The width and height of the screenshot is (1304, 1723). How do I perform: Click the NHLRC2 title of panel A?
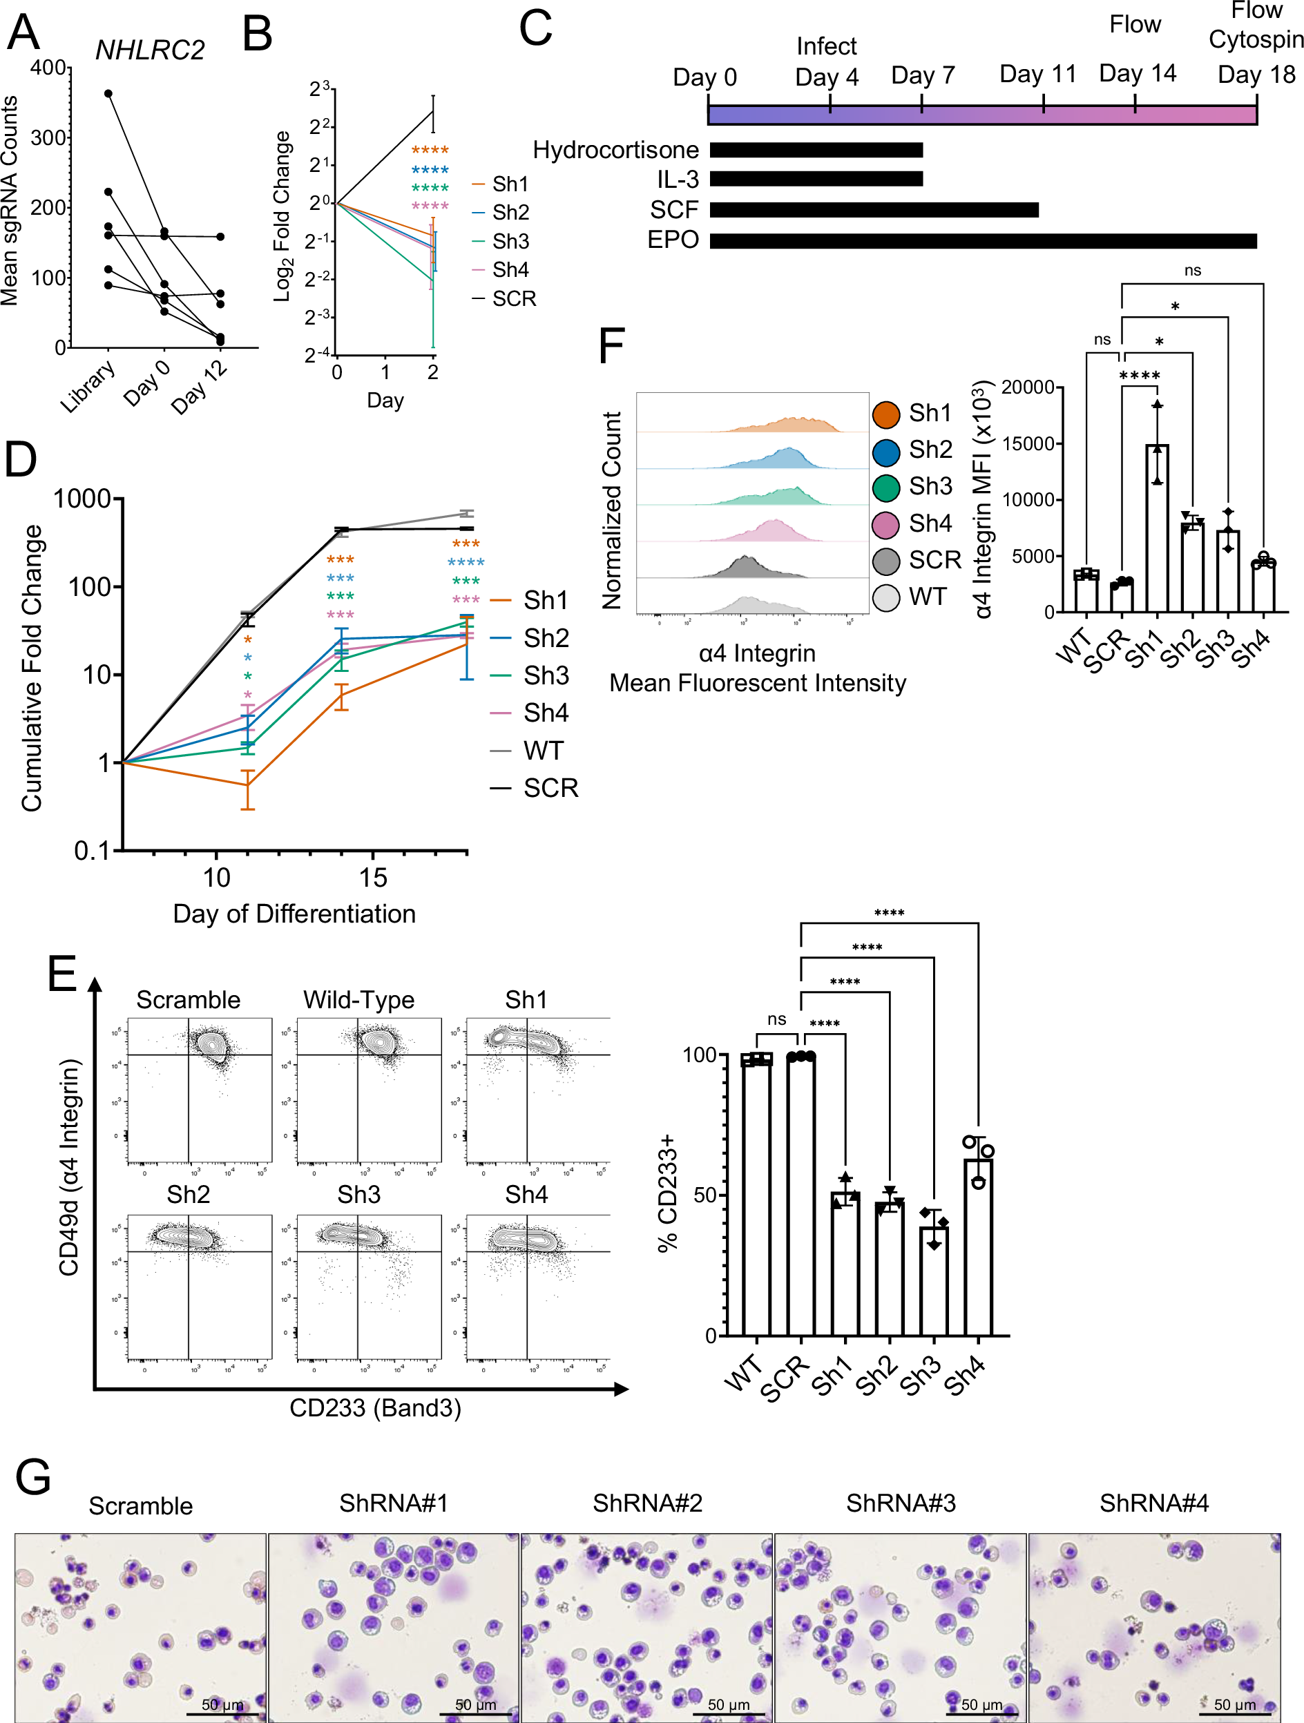click(x=150, y=50)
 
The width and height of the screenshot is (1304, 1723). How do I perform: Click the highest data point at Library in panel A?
click(x=108, y=93)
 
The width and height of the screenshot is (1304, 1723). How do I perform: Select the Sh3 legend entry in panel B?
click(x=510, y=241)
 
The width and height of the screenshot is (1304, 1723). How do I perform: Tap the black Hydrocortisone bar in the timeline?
click(x=816, y=150)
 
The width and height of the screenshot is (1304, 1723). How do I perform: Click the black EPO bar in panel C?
click(x=982, y=241)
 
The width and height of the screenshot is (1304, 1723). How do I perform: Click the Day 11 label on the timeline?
click(x=1037, y=74)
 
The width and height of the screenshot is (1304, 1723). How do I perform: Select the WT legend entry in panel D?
click(x=542, y=750)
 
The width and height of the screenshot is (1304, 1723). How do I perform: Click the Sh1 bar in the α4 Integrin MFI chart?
click(x=1157, y=530)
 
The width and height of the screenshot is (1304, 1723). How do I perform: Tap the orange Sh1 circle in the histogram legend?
click(x=885, y=414)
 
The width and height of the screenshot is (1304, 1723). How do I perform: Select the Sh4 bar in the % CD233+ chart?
click(x=979, y=1246)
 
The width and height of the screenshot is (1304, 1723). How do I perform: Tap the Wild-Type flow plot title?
click(x=358, y=999)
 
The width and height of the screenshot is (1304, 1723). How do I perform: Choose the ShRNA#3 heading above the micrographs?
click(x=901, y=1503)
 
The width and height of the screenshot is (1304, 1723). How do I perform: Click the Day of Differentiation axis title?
click(x=294, y=913)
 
